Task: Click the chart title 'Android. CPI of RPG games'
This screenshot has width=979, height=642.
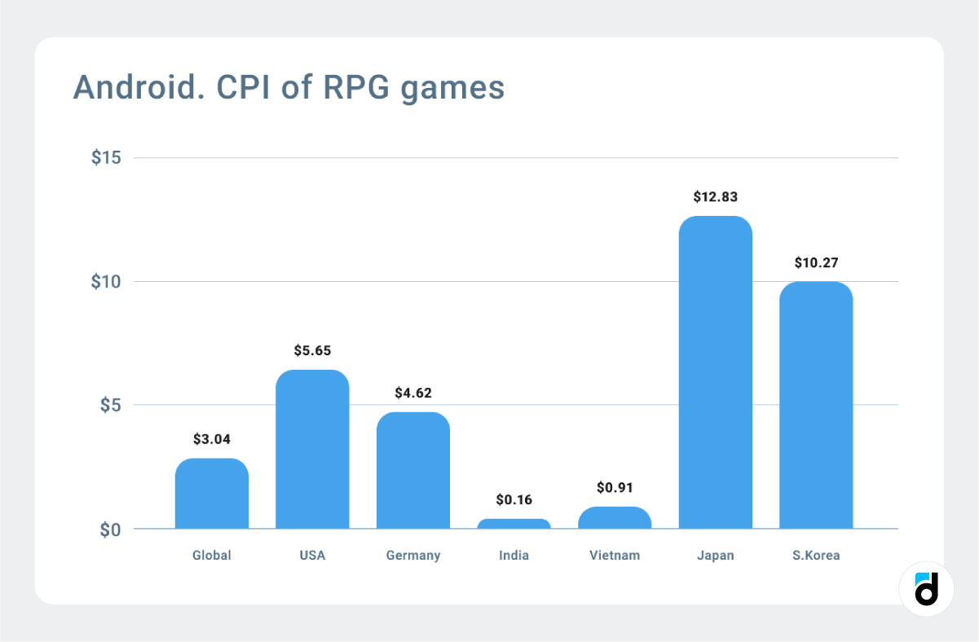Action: point(289,87)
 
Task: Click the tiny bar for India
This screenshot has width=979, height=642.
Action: point(514,524)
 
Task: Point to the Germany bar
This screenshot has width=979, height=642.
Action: point(413,470)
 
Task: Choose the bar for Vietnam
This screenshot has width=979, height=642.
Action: point(615,518)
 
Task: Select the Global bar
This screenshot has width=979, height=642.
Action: point(212,494)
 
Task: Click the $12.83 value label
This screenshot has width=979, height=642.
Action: point(715,196)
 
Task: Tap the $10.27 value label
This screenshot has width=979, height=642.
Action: point(816,262)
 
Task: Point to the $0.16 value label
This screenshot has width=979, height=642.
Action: point(514,499)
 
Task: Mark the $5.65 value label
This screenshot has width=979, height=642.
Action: point(312,350)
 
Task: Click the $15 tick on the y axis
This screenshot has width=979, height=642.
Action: point(106,157)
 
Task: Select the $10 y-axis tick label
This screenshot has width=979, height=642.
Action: point(106,282)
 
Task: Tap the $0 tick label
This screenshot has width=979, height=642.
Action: point(110,530)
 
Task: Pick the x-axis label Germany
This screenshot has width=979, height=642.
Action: point(413,556)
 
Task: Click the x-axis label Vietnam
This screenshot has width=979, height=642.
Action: point(615,556)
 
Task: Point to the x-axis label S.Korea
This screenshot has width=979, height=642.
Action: point(816,556)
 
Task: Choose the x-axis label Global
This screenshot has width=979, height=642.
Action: point(212,556)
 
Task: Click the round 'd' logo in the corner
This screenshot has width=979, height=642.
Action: point(926,589)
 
